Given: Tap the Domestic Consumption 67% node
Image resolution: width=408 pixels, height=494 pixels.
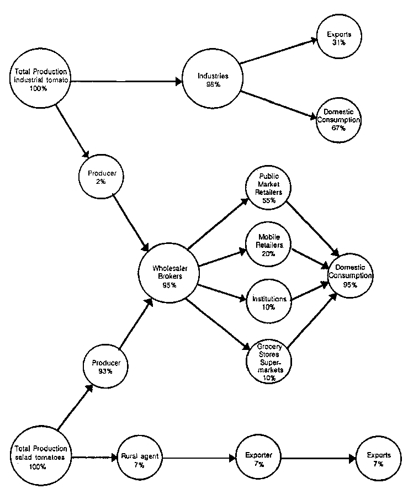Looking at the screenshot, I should [x=338, y=119].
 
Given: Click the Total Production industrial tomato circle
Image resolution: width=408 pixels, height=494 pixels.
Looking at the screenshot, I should [x=41, y=80].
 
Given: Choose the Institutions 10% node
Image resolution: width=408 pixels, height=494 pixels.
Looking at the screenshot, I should [x=269, y=302].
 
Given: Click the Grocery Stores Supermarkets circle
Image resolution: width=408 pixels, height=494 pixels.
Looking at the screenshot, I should [x=269, y=362].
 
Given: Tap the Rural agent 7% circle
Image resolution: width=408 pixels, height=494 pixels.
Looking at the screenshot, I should [x=138, y=458].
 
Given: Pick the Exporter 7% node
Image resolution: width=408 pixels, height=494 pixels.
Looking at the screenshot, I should [x=259, y=458].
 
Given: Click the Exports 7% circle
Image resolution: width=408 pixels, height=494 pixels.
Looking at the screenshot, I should [x=378, y=458].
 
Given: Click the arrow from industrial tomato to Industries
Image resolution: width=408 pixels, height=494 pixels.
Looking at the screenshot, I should [x=127, y=82].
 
